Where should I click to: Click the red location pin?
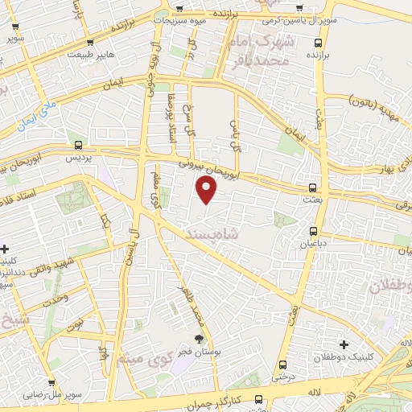[x=207, y=190]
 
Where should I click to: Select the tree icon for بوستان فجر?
[x=198, y=339]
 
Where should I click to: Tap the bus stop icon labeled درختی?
[x=282, y=363]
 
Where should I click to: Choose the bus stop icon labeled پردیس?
[x=78, y=146]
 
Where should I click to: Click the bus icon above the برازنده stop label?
[x=319, y=42]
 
